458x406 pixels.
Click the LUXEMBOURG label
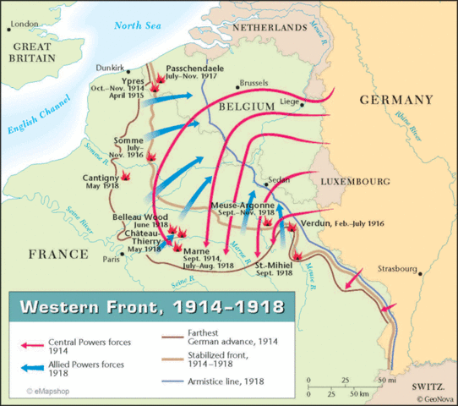coord(354,182)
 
